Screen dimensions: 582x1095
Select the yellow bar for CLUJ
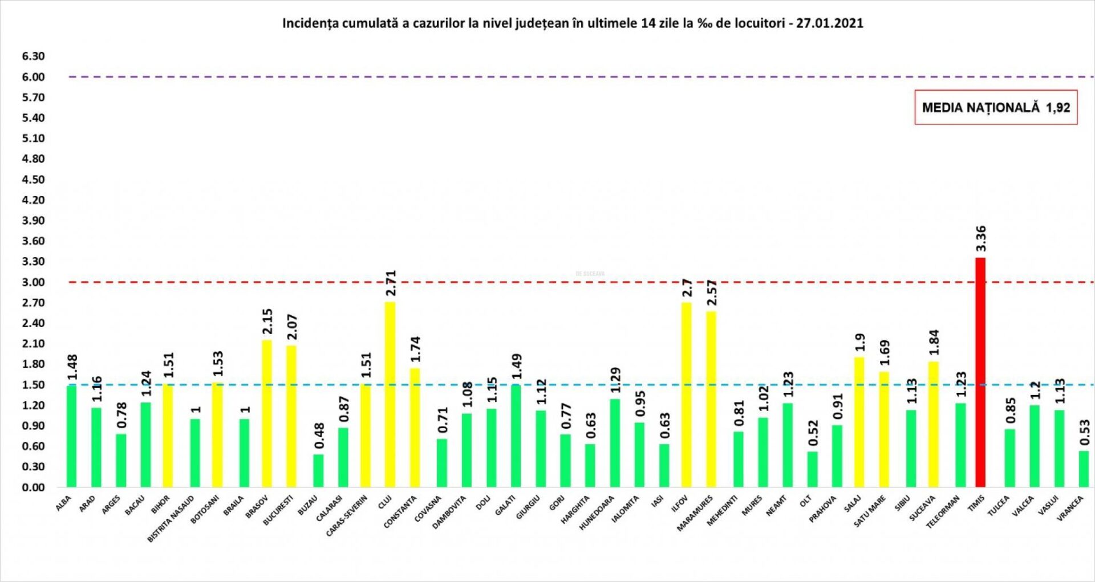(390, 394)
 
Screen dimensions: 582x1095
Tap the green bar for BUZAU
(318, 470)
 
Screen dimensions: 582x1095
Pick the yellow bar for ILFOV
(686, 394)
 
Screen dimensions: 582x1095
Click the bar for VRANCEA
(1084, 469)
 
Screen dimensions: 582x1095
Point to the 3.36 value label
(981, 238)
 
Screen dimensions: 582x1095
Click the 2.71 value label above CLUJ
(391, 283)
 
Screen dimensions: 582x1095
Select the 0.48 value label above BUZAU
(319, 435)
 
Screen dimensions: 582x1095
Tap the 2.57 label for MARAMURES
(712, 292)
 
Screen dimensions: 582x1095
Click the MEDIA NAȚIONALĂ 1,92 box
(996, 107)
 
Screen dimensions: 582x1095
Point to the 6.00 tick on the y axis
(33, 77)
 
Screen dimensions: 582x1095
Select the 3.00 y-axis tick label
(33, 282)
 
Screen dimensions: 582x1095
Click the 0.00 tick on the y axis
(33, 487)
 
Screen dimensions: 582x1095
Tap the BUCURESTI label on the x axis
(278, 511)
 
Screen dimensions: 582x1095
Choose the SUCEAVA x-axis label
(922, 508)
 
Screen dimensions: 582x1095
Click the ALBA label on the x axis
(63, 503)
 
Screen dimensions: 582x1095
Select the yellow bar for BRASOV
(267, 413)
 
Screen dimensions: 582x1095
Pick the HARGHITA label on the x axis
(575, 510)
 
